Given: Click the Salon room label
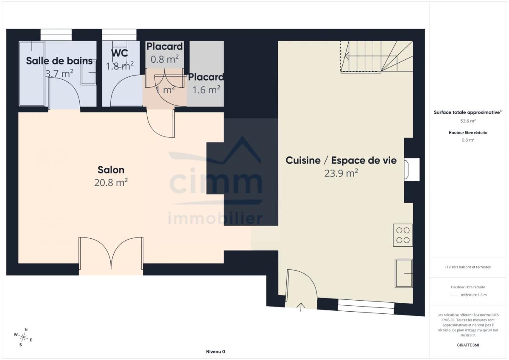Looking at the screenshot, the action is click(x=111, y=170).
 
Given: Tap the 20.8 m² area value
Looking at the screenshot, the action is click(x=111, y=182).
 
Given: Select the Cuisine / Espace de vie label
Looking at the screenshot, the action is click(x=341, y=160).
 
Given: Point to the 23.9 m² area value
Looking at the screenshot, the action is click(x=341, y=173).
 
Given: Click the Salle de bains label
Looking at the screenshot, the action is click(x=59, y=61).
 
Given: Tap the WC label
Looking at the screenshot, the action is click(x=120, y=53).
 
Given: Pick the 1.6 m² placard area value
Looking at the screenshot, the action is click(x=206, y=90).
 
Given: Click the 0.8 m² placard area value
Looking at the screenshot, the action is click(x=165, y=59).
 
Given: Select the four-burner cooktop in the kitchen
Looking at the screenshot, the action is click(x=403, y=235).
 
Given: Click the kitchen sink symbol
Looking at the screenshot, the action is click(x=404, y=273).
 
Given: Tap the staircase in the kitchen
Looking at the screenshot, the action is click(x=377, y=56).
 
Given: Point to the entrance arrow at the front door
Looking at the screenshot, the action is click(x=301, y=307).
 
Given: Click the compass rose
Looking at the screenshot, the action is click(x=23, y=338).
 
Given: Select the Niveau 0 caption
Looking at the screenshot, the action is click(x=215, y=352).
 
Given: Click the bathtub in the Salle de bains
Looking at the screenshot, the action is click(x=32, y=74).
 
